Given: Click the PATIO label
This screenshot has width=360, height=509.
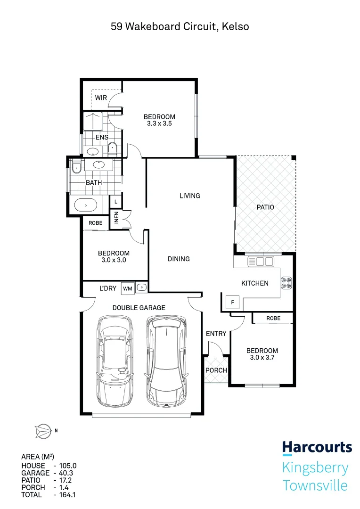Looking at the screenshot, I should (x=265, y=207).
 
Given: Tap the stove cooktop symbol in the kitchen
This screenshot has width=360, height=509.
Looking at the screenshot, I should (x=286, y=283).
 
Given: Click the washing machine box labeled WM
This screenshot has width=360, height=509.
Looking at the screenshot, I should (x=127, y=287).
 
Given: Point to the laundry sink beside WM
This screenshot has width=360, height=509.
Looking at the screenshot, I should (x=142, y=287).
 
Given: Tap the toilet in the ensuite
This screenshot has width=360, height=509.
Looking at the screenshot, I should (x=112, y=149).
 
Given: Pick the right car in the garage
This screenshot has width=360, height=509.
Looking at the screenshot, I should (x=166, y=361).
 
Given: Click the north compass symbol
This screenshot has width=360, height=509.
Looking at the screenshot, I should (x=43, y=430).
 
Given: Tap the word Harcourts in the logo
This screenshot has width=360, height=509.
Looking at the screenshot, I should (x=317, y=447).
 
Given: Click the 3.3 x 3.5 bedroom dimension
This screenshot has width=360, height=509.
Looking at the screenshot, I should (x=159, y=124).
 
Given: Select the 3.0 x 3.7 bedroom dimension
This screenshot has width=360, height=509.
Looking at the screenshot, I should (x=262, y=358).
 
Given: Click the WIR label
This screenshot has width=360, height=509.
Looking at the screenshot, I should (x=101, y=98).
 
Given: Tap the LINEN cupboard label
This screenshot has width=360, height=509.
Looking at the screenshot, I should (x=117, y=220).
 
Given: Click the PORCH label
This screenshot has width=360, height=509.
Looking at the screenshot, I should (x=216, y=370).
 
